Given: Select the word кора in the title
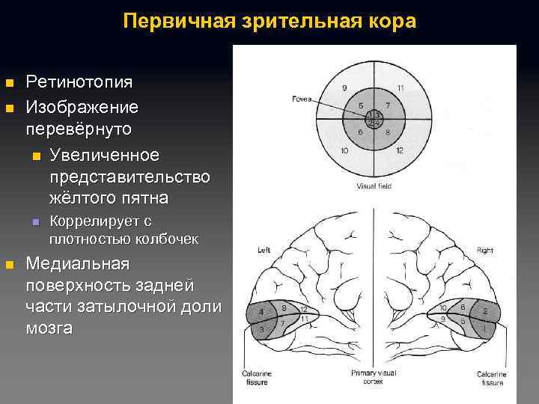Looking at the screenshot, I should tap(391, 21).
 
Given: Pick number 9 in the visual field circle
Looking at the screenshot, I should tap(344, 89).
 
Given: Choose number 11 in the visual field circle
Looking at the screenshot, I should tap(401, 89).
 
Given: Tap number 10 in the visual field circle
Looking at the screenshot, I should tap(344, 150).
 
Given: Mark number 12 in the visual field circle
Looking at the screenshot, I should tap(401, 150).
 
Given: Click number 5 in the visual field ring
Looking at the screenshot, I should tap(362, 105).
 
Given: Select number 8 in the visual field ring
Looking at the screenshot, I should tap(388, 132).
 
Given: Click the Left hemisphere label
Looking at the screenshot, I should tap(264, 249).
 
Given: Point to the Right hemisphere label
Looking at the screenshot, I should tap(484, 249).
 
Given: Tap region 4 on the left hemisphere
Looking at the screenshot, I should tap(261, 311).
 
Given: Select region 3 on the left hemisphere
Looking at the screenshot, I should tap(261, 329).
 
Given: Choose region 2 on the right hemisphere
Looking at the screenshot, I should tap(486, 310).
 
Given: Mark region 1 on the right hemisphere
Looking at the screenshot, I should tap(486, 328).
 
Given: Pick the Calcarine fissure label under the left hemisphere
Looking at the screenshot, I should tap(255, 378).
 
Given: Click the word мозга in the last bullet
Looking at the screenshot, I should tap(49, 328).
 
